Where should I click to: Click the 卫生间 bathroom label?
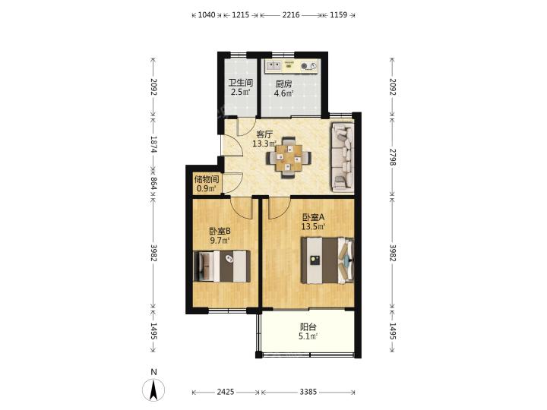[240, 83]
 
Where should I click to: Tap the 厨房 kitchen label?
[283, 84]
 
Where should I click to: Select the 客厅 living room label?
[264, 134]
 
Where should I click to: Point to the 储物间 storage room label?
[207, 179]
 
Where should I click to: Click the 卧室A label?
[313, 217]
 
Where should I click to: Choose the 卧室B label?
[220, 231]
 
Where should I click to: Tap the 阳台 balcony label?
[308, 327]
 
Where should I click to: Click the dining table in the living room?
[289, 158]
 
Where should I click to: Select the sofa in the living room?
[343, 157]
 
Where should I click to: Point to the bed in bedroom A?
[327, 260]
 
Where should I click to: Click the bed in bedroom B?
[222, 266]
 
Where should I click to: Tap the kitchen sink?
[273, 65]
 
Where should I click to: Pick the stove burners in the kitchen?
[309, 65]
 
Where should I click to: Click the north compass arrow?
[153, 389]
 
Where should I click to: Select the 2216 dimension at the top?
[291, 14]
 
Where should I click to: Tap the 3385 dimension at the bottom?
[308, 392]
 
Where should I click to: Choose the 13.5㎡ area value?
[313, 226]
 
